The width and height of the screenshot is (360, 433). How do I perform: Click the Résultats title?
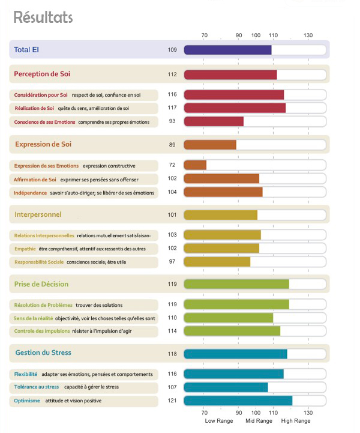pyautogui.click(x=43, y=17)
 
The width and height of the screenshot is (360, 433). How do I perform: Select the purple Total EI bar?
pyautogui.click(x=227, y=49)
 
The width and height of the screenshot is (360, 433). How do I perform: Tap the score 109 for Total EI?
pyautogui.click(x=172, y=49)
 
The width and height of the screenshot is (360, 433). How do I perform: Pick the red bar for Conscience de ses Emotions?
pyautogui.click(x=214, y=121)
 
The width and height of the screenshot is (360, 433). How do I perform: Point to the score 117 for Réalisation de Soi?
pyautogui.click(x=172, y=108)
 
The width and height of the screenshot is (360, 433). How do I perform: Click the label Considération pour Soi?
pyautogui.click(x=41, y=95)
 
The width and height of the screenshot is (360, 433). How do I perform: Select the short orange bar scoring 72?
pyautogui.click(x=195, y=165)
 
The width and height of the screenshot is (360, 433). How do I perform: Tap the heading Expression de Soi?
pyautogui.click(x=44, y=144)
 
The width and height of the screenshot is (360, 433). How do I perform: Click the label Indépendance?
pyautogui.click(x=30, y=193)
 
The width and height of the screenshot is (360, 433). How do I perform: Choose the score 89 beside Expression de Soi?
pyautogui.click(x=172, y=145)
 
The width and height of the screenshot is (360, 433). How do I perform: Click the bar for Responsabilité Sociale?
pyautogui.click(x=217, y=262)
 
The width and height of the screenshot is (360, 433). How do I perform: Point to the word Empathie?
pyautogui.click(x=25, y=249)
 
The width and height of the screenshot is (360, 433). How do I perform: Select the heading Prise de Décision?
pyautogui.click(x=41, y=284)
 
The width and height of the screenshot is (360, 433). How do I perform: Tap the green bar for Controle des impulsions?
pyautogui.click(x=232, y=331)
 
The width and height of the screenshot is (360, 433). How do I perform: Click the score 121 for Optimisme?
pyautogui.click(x=172, y=401)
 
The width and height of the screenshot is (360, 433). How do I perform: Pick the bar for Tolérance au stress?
pyautogui.click(x=226, y=387)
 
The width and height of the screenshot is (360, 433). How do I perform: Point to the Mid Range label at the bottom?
pyautogui.click(x=260, y=421)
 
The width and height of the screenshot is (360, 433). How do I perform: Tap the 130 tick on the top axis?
pyautogui.click(x=308, y=35)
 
